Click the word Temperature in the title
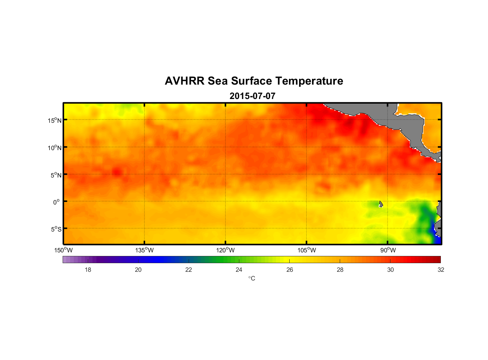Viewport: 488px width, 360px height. pos(309,81)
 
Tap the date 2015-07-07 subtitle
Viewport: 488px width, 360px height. pos(252,96)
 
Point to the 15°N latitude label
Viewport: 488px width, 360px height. pos(55,120)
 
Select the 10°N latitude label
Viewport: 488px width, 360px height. pos(55,148)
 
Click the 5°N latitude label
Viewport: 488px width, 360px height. pos(56,175)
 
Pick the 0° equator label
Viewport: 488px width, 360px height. pos(57,202)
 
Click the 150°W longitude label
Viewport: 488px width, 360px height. pos(63,250)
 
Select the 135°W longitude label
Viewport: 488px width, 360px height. pos(144,250)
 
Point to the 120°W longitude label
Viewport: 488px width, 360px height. pos(225,250)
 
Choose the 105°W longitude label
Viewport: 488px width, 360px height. pos(307,250)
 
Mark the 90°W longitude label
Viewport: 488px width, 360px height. pos(388,250)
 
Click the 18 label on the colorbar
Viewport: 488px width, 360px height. pos(88,270)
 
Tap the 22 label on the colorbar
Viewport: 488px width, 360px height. pos(189,270)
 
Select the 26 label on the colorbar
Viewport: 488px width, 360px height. pos(290,270)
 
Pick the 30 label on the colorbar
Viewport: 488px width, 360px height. pos(390,270)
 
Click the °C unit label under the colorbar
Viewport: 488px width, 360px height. pos(252,278)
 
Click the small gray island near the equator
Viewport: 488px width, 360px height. pos(381,204)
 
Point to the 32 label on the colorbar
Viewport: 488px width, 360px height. pos(441,270)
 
